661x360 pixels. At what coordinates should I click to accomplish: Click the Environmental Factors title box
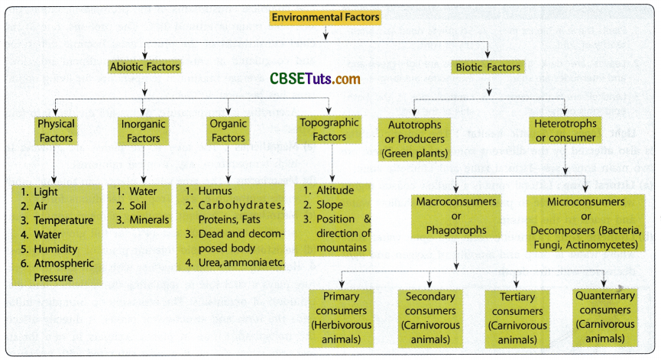tap(326, 17)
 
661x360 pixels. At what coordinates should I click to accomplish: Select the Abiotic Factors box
tap(144, 66)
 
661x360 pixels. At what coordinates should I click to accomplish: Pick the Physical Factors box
tap(56, 131)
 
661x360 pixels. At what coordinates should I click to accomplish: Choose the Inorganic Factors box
tap(143, 131)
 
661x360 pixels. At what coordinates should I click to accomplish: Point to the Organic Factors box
tap(228, 131)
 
